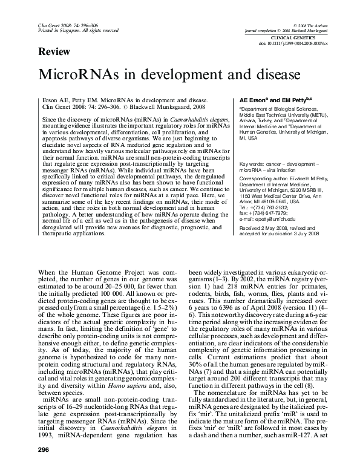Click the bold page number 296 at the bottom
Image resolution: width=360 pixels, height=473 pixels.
44,450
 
